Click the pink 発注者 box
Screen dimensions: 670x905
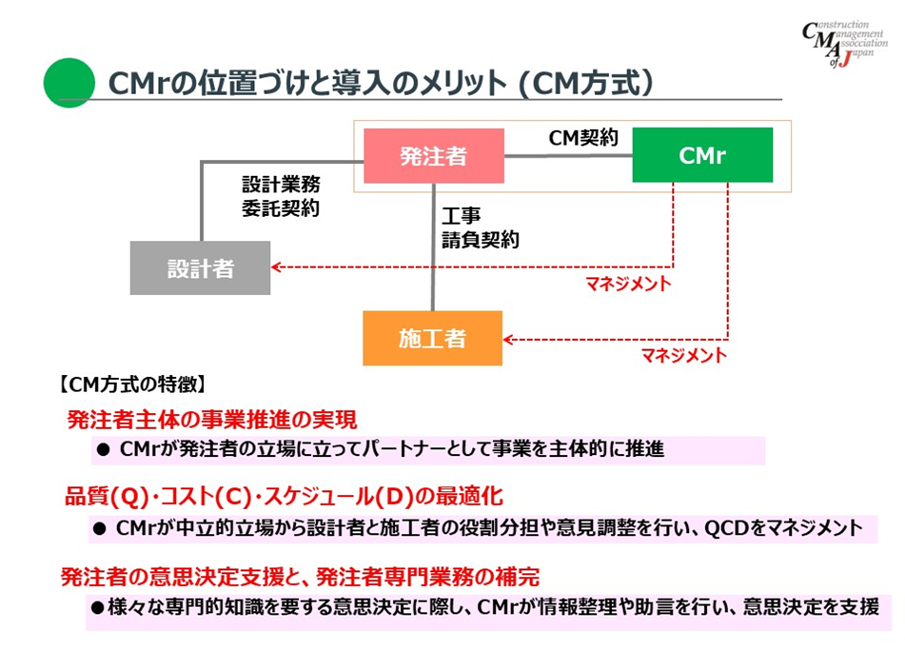point(434,156)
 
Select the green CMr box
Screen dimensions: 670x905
point(702,155)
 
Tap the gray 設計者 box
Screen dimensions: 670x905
point(200,268)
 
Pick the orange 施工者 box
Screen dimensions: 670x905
point(432,338)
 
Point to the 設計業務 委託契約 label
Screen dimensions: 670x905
point(281,196)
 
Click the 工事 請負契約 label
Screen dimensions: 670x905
point(480,228)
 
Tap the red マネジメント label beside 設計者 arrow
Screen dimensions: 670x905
point(628,284)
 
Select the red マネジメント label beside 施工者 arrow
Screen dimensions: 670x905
point(683,356)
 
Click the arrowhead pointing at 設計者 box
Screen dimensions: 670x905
point(276,266)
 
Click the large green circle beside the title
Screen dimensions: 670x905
point(69,83)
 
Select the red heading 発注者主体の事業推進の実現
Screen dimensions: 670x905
point(211,419)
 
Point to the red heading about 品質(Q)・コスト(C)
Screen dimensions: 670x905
point(283,496)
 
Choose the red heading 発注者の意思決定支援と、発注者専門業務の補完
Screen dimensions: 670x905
point(301,577)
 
